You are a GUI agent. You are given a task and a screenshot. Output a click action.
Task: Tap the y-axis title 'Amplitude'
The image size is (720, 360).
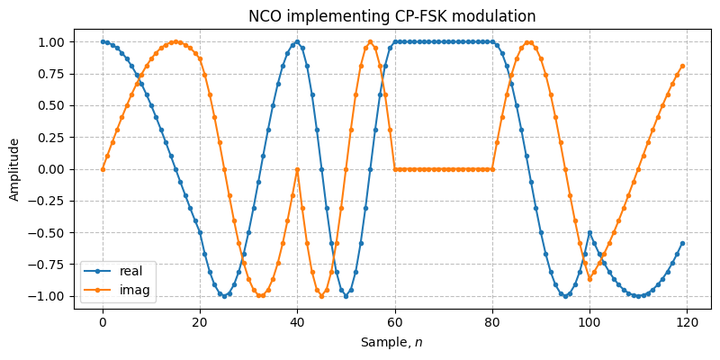pyautogui.click(x=13, y=169)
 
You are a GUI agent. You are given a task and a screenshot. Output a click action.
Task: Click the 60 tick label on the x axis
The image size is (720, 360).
pyautogui.click(x=395, y=322)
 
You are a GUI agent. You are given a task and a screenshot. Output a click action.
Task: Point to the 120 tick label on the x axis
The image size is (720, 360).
pyautogui.click(x=687, y=322)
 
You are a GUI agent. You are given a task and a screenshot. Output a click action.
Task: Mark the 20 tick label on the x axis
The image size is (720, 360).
pyautogui.click(x=200, y=322)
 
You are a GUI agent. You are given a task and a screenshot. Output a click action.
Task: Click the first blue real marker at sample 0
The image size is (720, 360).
pyautogui.click(x=103, y=41)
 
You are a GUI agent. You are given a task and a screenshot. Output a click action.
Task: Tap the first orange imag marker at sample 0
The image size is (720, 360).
pyautogui.click(x=103, y=169)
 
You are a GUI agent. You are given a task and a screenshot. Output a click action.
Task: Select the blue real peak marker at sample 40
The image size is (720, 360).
pyautogui.click(x=297, y=41)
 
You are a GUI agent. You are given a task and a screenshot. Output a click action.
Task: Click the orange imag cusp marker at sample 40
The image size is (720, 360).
pyautogui.click(x=297, y=169)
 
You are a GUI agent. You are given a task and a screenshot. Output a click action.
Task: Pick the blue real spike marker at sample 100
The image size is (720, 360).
pyautogui.click(x=589, y=232)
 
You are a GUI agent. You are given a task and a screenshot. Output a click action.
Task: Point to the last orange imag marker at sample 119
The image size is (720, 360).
pyautogui.click(x=682, y=66)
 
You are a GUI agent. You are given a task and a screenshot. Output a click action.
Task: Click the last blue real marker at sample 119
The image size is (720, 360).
pyautogui.click(x=682, y=243)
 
